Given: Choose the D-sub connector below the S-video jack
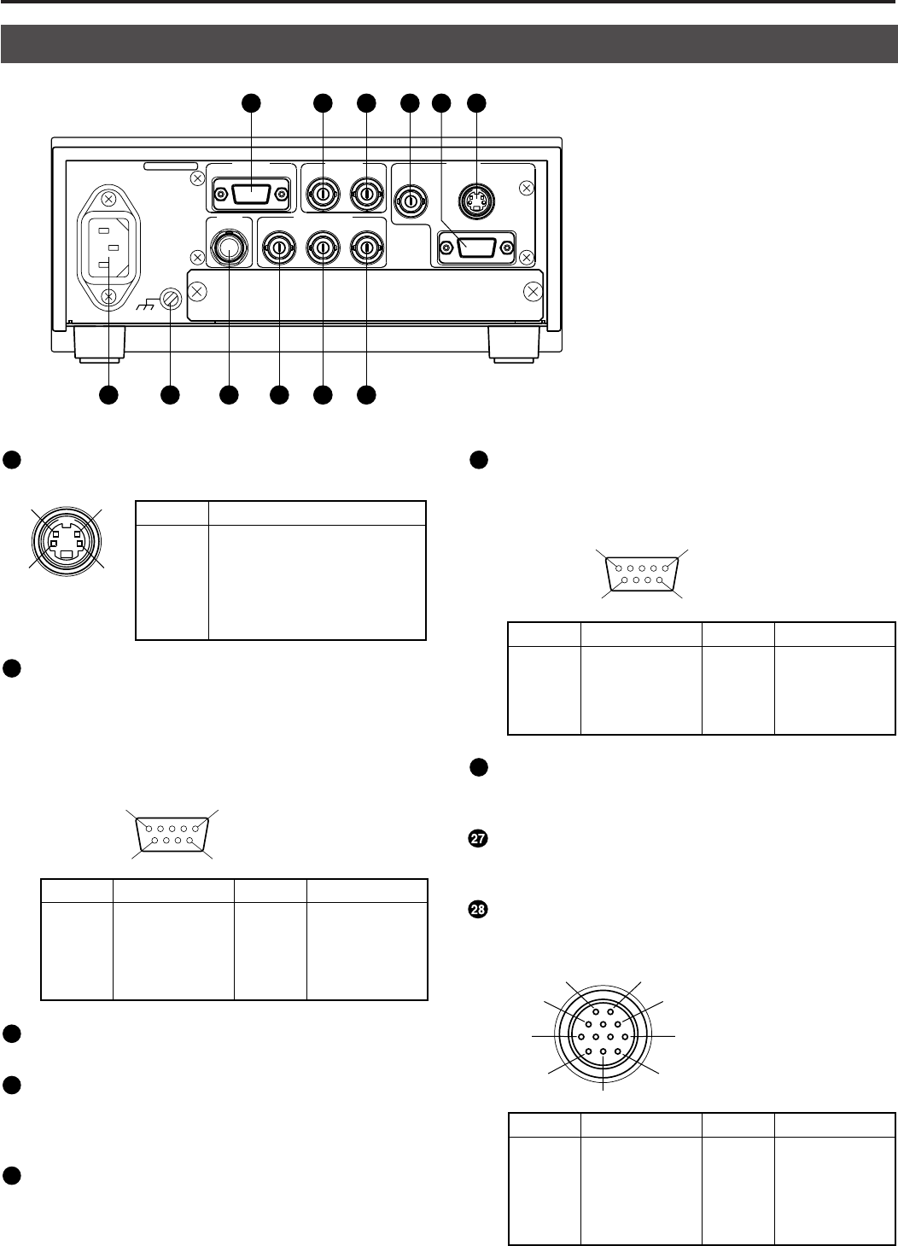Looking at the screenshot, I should tap(476, 247).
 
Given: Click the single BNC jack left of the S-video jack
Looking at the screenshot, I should tap(411, 195).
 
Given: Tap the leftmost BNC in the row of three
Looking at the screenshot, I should tap(279, 248).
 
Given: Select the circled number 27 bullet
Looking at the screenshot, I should tap(478, 839).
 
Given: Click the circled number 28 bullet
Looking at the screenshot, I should tap(478, 910).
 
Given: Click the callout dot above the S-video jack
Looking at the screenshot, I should tap(476, 102).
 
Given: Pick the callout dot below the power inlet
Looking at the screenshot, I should tap(108, 395).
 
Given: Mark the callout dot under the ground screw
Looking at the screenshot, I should tap(170, 395).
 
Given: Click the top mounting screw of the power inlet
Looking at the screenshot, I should tap(109, 199).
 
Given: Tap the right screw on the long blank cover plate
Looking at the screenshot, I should tap(533, 291).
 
